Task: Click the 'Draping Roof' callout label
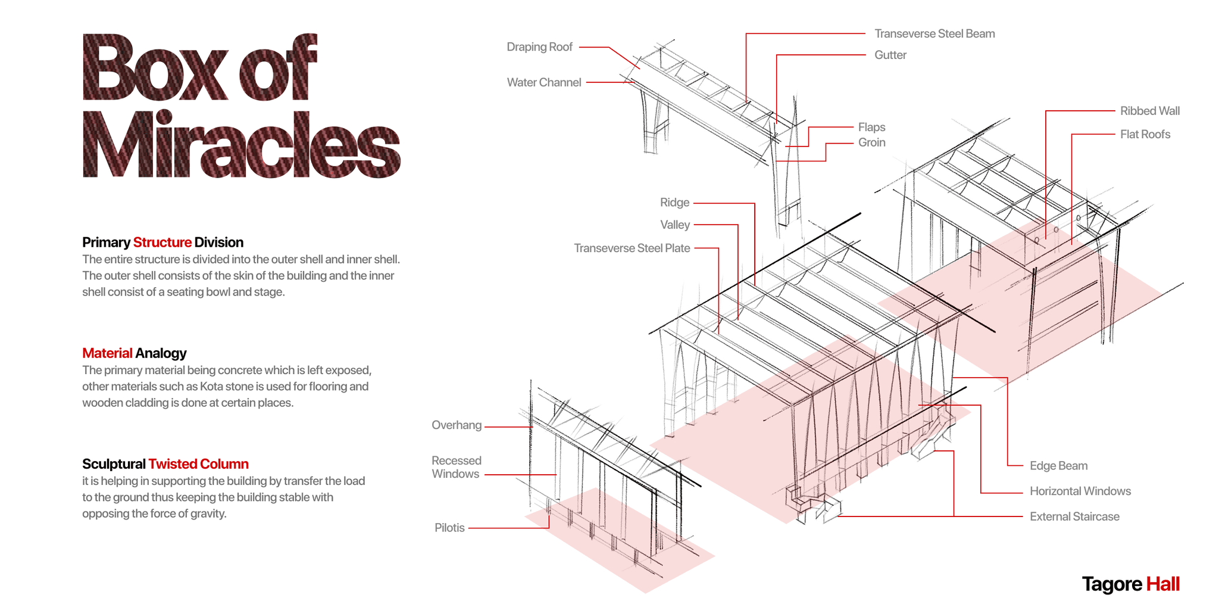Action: pyautogui.click(x=539, y=47)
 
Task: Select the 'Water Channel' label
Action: pyautogui.click(x=543, y=82)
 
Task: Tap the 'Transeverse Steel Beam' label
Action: pyautogui.click(x=934, y=34)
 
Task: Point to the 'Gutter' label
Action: pyautogui.click(x=890, y=55)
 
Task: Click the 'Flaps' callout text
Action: pyautogui.click(x=871, y=127)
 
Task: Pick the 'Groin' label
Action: pyautogui.click(x=871, y=142)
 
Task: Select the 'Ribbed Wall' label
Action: pyautogui.click(x=1149, y=111)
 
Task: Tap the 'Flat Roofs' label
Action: pyautogui.click(x=1145, y=135)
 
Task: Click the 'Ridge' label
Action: pyautogui.click(x=674, y=203)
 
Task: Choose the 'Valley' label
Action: pyautogui.click(x=674, y=225)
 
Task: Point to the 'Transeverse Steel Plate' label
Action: pyautogui.click(x=632, y=248)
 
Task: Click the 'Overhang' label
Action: pyautogui.click(x=457, y=425)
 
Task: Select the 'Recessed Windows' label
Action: pyautogui.click(x=457, y=467)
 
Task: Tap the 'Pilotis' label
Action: pyautogui.click(x=449, y=528)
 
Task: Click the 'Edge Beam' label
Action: pyautogui.click(x=1058, y=466)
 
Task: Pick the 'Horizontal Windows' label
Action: pyautogui.click(x=1080, y=491)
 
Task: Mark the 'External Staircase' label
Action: pyautogui.click(x=1074, y=517)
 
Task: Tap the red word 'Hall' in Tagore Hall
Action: pyautogui.click(x=1162, y=584)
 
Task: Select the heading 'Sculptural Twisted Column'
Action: pyautogui.click(x=165, y=464)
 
